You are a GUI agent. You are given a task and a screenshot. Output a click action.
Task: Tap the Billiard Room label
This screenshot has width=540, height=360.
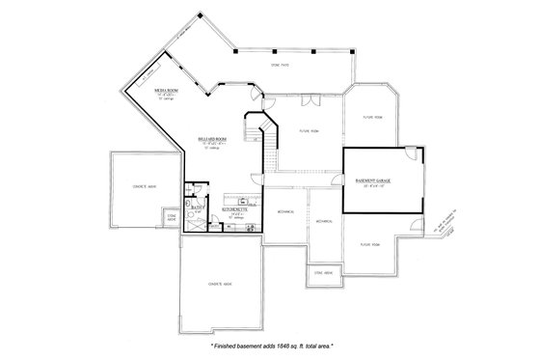(x=214, y=139)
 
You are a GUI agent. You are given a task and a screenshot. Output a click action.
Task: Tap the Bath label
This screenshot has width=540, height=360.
(x=196, y=208)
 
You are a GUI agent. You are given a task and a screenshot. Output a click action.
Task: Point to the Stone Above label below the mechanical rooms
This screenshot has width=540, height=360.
(x=325, y=273)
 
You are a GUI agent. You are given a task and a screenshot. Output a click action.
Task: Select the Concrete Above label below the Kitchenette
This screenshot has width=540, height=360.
(x=222, y=282)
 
